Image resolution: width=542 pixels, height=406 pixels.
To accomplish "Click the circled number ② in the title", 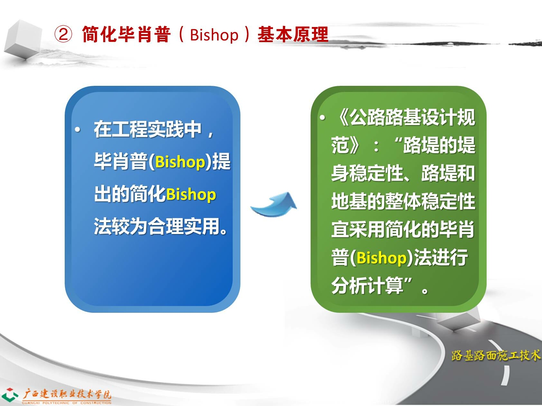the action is [63, 34].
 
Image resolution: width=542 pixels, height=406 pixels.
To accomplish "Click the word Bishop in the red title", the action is [214, 35].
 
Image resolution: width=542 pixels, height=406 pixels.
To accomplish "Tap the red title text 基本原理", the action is [293, 34].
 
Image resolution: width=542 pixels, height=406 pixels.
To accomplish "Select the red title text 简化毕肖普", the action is [126, 34].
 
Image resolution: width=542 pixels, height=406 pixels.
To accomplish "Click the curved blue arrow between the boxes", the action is [274, 205].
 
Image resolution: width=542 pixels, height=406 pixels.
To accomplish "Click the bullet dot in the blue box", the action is [78, 130].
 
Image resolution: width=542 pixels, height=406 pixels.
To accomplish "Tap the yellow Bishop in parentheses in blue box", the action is [180, 162].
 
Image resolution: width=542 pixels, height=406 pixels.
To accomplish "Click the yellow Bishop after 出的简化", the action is [191, 194].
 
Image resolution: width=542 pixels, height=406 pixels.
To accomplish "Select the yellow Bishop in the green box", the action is [382, 257].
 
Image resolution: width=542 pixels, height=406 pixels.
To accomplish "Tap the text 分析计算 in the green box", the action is [367, 285].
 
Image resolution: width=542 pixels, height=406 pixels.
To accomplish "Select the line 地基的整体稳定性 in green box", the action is [403, 201].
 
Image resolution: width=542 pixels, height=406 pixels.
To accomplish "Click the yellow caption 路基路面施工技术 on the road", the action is [496, 355].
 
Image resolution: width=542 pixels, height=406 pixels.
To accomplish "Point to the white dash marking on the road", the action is [505, 375].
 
